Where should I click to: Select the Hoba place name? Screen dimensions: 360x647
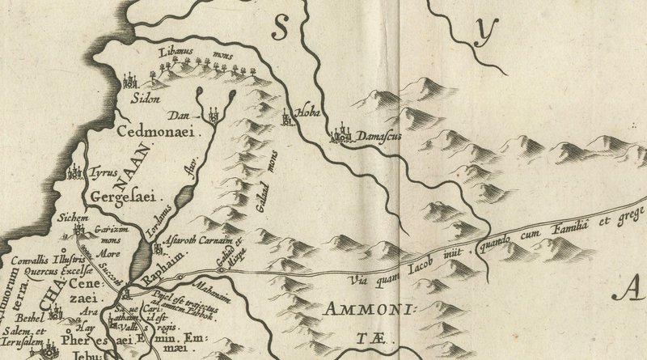(x=311, y=113)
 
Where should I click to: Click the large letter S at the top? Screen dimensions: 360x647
(x=281, y=29)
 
